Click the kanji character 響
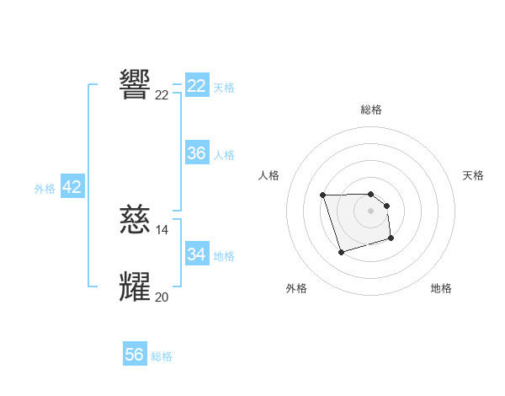click(x=136, y=84)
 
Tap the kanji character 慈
click(x=136, y=221)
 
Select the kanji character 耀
click(x=136, y=287)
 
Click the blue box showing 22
click(x=197, y=86)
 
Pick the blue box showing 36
click(x=197, y=153)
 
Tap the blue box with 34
click(x=197, y=254)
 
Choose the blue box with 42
click(x=72, y=187)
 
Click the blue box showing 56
click(x=135, y=355)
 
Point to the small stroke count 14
click(x=162, y=230)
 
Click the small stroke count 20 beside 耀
click(x=162, y=297)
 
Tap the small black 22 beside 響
click(x=162, y=95)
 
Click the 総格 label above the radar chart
click(x=371, y=110)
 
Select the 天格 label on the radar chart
click(x=474, y=175)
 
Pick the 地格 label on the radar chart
click(x=441, y=288)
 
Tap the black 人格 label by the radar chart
click(x=269, y=175)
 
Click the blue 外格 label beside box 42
click(x=45, y=189)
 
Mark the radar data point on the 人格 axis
click(x=323, y=195)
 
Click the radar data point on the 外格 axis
click(x=341, y=253)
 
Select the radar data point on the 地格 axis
click(x=391, y=239)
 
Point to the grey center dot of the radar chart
click(x=371, y=210)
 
